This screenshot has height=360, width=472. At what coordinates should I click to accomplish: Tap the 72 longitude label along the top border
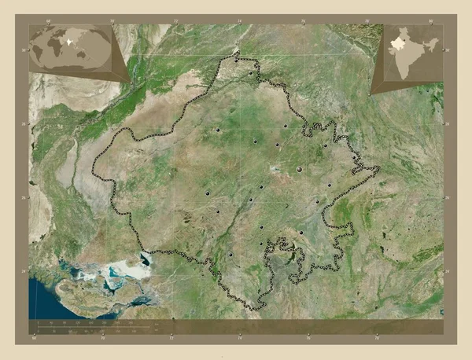pos(175,20)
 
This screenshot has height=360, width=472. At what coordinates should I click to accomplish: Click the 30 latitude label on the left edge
pos(26,50)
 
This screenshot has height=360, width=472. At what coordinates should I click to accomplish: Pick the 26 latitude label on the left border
pos(26,197)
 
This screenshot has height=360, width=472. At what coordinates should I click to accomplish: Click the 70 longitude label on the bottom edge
pos(103,339)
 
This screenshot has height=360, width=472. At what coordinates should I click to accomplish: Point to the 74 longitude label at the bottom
pos(240,339)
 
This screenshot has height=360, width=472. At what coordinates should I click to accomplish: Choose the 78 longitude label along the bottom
pos(376,339)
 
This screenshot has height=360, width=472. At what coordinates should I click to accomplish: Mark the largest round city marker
pos(299,168)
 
